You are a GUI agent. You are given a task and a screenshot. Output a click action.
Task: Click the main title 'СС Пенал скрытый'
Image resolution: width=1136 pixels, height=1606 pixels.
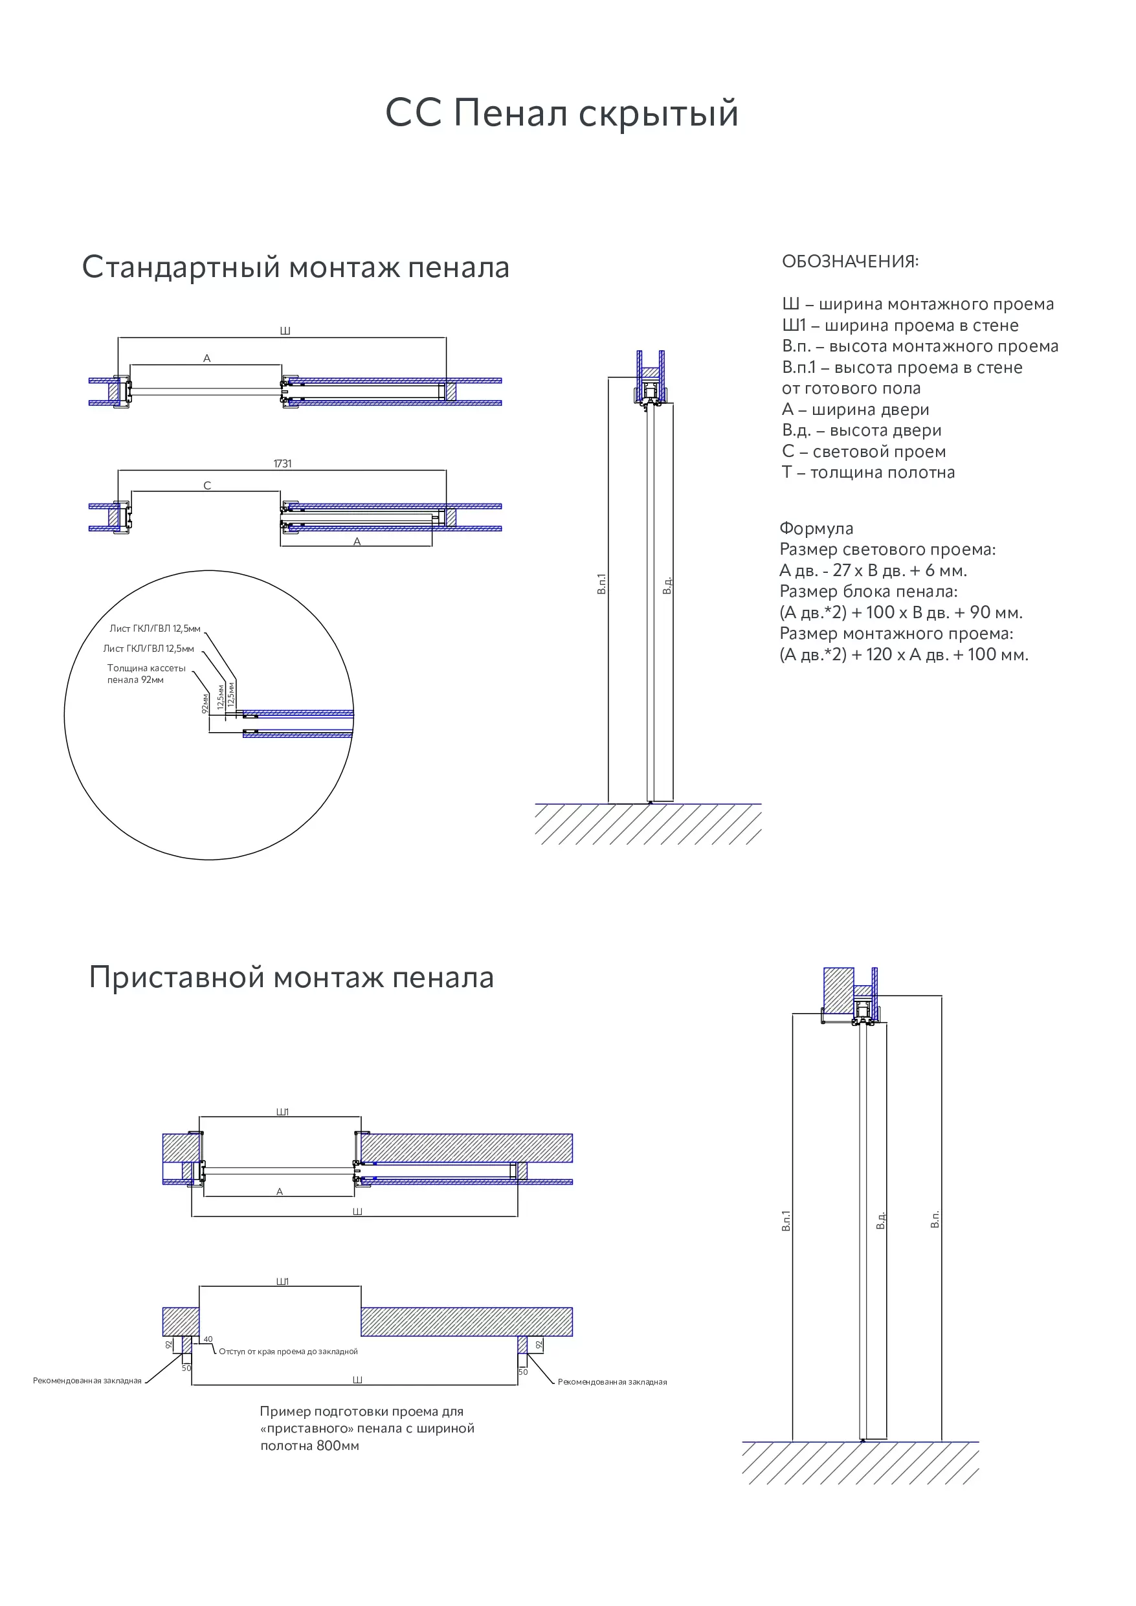coord(562,113)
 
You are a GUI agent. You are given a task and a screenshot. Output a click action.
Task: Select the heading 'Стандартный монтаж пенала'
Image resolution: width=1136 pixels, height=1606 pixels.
coord(295,267)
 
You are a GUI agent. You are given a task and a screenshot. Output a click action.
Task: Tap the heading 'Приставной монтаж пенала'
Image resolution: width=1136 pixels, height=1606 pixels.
coord(291,977)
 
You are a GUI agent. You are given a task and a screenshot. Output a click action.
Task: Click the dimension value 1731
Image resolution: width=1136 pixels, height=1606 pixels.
coord(282,463)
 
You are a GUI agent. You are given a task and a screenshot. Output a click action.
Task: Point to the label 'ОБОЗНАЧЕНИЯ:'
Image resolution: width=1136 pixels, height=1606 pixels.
coord(850,262)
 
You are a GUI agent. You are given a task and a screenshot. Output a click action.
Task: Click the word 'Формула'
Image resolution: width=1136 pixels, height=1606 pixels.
coord(816,529)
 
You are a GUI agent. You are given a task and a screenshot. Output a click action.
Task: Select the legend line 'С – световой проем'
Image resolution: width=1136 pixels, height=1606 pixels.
coord(863,452)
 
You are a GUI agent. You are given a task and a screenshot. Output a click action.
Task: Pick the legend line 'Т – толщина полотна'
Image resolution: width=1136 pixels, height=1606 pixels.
coord(867,473)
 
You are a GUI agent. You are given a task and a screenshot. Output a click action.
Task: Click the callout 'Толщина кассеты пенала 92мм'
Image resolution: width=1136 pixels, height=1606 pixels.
coord(146,674)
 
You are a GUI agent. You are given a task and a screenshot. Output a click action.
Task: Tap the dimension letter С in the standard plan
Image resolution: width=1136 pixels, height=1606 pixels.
coord(207,485)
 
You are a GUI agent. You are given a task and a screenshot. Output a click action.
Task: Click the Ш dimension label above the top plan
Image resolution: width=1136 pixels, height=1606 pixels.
coord(285,331)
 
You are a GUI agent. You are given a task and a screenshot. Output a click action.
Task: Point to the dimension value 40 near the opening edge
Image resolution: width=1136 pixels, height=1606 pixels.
coord(208,1339)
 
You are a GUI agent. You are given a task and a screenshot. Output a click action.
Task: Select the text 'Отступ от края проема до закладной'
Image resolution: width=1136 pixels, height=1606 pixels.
coord(288,1352)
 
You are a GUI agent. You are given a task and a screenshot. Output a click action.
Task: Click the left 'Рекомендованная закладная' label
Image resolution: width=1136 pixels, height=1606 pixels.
coord(87,1381)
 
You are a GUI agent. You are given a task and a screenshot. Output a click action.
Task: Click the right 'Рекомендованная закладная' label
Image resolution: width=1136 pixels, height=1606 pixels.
coord(612,1381)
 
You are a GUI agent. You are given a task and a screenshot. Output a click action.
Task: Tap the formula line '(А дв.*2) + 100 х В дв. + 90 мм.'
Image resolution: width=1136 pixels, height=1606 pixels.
coord(900,613)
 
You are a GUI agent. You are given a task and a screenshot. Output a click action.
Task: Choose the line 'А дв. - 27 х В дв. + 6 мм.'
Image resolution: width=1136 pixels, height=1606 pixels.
coord(873,571)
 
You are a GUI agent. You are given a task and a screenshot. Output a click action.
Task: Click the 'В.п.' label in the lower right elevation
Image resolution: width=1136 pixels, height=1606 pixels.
coord(935,1219)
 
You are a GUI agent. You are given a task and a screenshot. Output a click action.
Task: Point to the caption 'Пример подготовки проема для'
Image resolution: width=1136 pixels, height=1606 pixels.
coord(361,1412)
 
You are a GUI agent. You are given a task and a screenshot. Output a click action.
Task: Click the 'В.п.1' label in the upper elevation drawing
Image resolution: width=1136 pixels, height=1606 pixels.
coord(601,584)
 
